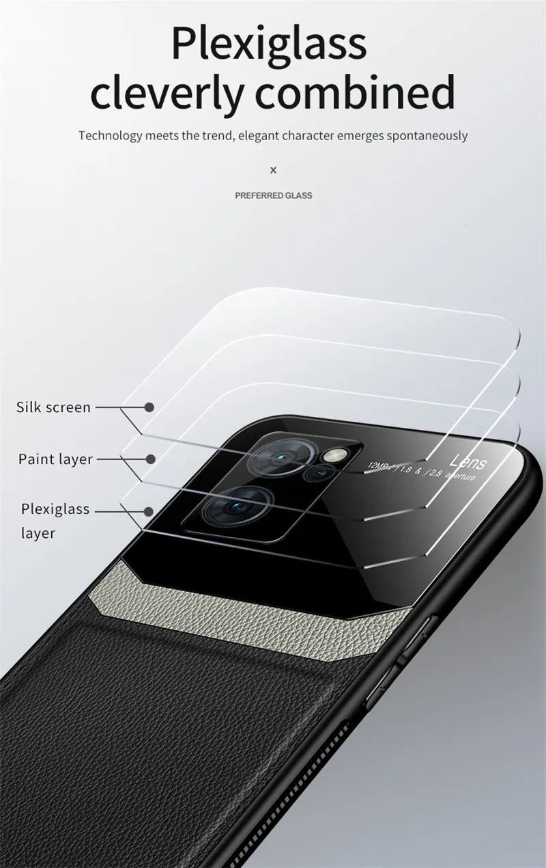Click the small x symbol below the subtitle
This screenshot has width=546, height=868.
pyautogui.click(x=274, y=169)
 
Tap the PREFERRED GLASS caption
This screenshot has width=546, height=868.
pyautogui.click(x=274, y=195)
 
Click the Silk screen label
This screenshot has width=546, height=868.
pyautogui.click(x=53, y=407)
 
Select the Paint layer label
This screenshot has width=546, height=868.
pyautogui.click(x=55, y=459)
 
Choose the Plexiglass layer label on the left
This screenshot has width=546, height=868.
pyautogui.click(x=55, y=520)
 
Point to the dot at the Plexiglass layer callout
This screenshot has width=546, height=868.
pyautogui.click(x=149, y=510)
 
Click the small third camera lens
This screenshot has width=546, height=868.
pyautogui.click(x=316, y=473)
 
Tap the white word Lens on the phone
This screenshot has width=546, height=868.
pyautogui.click(x=469, y=463)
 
